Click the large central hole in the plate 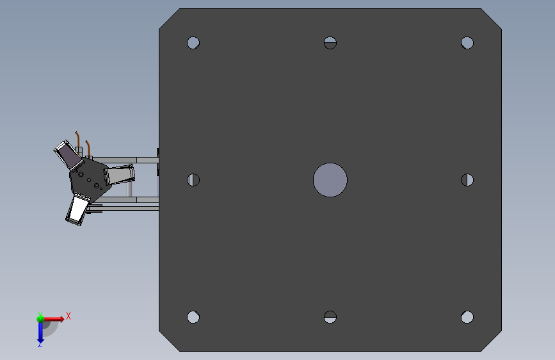pos(330,180)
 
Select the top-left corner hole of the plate pos(193,43)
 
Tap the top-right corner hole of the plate pos(467,43)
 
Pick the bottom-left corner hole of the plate pos(193,317)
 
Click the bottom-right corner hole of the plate pos(467,317)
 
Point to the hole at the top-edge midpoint pos(330,43)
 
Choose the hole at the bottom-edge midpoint pos(330,317)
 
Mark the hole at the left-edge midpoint pos(193,180)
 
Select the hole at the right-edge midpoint pos(467,180)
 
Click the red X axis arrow pos(53,319)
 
